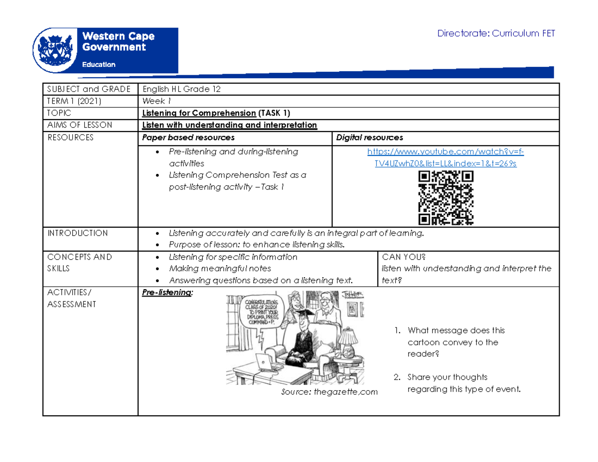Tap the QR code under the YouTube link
click(446, 197)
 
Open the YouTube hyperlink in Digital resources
click(446, 157)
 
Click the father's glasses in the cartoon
click(326, 301)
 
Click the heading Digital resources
click(370, 138)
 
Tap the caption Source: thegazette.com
click(329, 392)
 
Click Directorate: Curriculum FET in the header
click(495, 34)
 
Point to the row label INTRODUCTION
click(77, 233)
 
